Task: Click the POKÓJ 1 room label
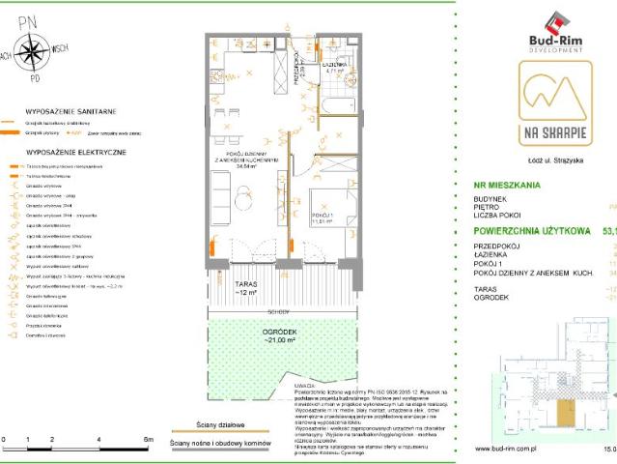[x=323, y=217]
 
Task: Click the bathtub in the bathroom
[x=335, y=102]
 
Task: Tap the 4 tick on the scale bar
[x=99, y=440]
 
